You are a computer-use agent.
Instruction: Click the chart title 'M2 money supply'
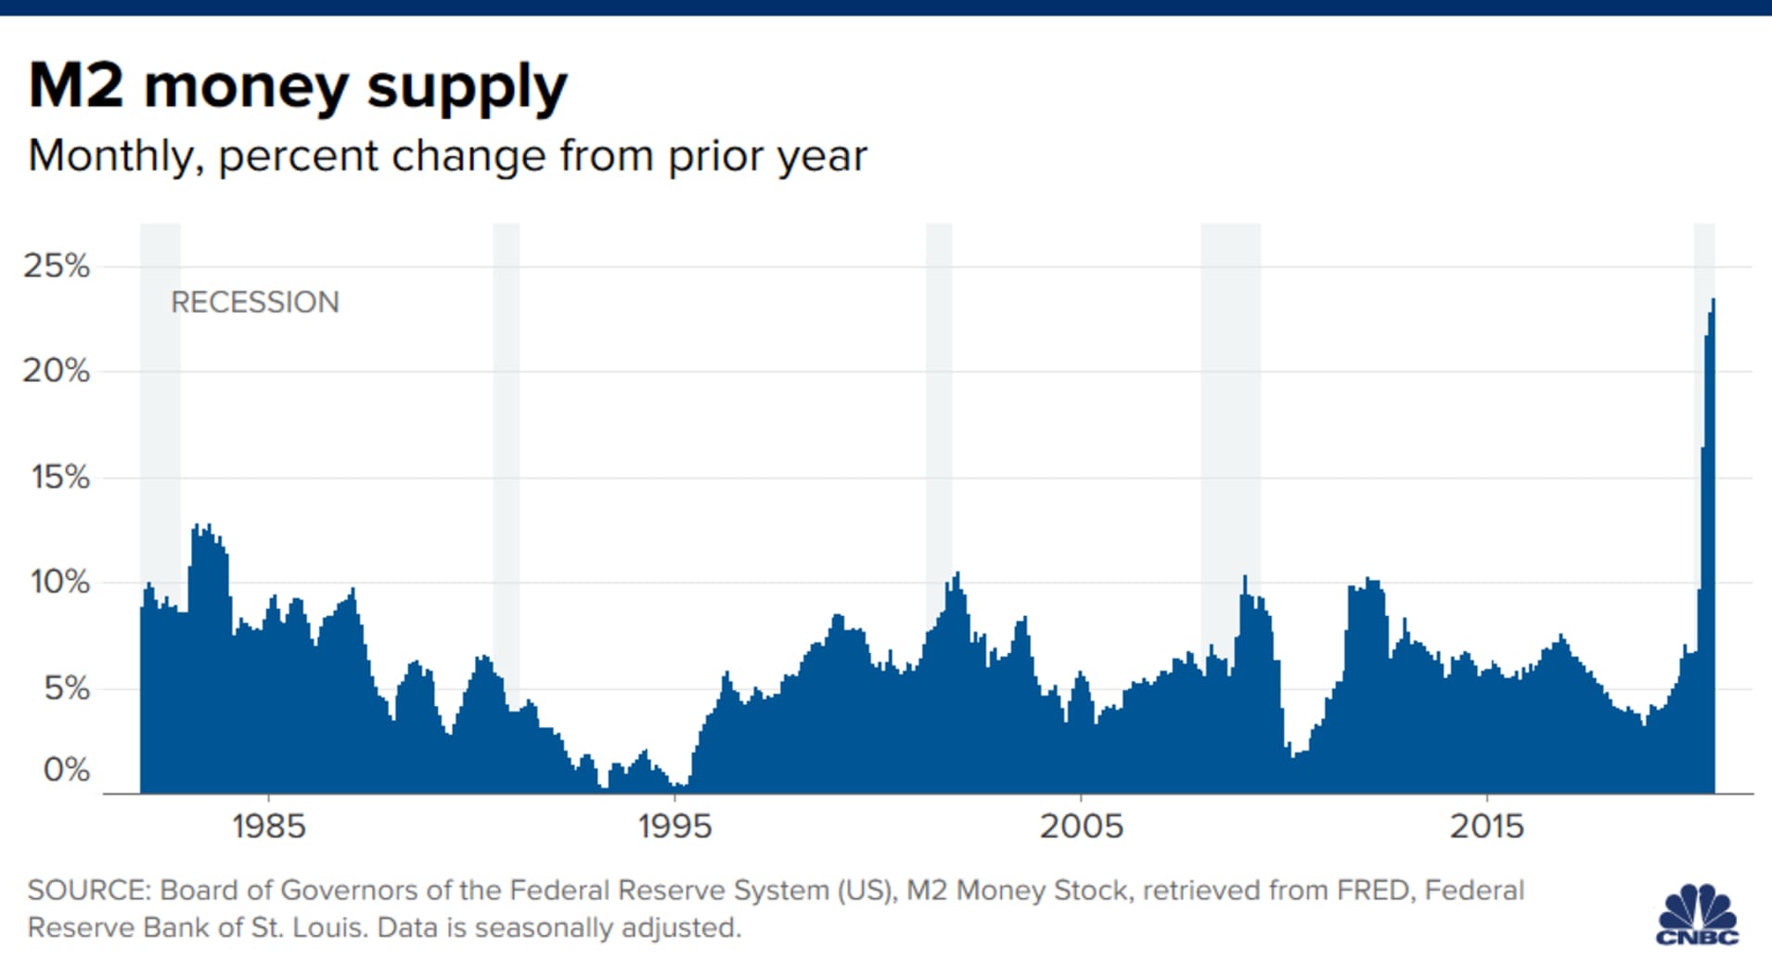point(297,87)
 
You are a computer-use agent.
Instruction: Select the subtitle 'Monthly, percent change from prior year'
point(447,156)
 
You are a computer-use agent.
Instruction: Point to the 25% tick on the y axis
point(57,266)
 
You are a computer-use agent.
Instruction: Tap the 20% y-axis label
point(57,371)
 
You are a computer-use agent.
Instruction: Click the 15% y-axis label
point(60,477)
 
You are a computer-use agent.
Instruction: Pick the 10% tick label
point(60,583)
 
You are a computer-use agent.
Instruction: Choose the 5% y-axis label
point(67,688)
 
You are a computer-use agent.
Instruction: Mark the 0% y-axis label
point(67,769)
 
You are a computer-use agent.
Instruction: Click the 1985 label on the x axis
point(268,826)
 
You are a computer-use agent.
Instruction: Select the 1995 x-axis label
point(674,826)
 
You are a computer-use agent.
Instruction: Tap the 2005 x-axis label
point(1081,826)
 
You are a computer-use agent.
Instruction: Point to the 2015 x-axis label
point(1486,826)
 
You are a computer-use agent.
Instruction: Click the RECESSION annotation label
point(255,302)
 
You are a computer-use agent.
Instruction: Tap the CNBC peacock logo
point(1697,915)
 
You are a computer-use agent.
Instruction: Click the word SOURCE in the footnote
point(88,891)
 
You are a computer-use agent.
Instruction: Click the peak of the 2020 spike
point(1713,301)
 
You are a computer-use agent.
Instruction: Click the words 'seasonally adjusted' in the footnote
point(607,928)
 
